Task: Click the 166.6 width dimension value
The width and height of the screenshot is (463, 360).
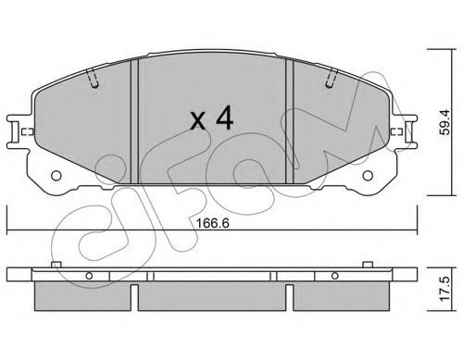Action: pos(213,223)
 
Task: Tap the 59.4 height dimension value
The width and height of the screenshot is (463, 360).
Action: pos(445,122)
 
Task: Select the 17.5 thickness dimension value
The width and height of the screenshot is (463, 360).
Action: pos(445,289)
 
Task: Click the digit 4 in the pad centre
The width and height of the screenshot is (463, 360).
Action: pos(225,118)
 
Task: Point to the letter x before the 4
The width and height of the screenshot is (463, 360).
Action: pos(198,121)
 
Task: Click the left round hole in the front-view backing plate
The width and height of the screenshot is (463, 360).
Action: pos(56,176)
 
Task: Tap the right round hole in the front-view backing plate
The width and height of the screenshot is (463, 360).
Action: pos(368,176)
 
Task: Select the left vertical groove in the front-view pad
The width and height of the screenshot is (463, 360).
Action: pos(134,121)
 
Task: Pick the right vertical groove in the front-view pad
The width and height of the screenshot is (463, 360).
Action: pos(289,121)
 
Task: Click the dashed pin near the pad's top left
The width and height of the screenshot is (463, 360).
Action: pos(93,79)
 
